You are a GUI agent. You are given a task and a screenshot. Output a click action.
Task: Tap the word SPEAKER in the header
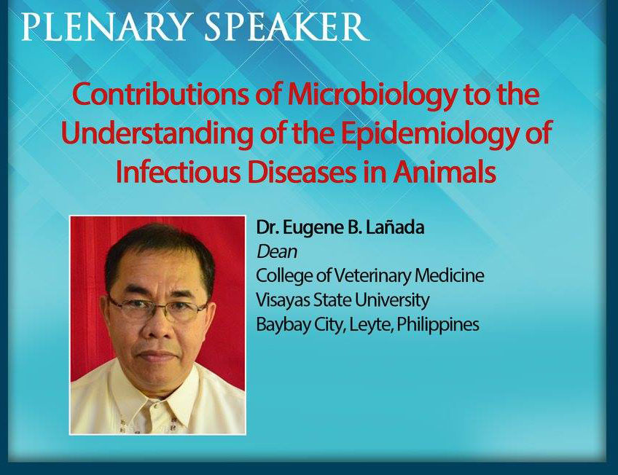(287, 26)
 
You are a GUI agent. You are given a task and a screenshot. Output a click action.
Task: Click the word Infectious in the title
(178, 172)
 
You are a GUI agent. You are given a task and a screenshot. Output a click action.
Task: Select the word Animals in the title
(445, 172)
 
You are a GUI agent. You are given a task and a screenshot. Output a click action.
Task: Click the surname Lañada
(395, 227)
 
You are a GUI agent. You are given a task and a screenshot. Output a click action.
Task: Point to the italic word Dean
(277, 252)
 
